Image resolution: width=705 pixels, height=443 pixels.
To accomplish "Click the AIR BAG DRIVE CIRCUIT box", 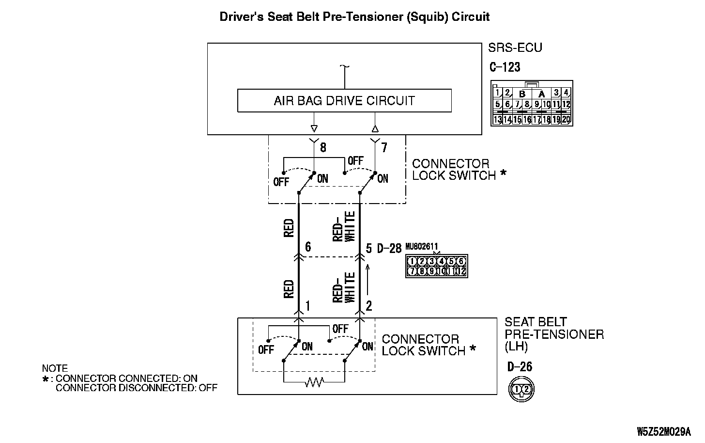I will (x=344, y=101).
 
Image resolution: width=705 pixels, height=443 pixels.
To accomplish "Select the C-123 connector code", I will (x=505, y=67).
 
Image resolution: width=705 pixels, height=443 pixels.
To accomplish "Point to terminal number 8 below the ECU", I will (x=323, y=147).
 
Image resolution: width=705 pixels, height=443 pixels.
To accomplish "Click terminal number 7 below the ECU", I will (x=384, y=147).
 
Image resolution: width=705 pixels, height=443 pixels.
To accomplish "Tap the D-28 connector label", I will (x=389, y=249).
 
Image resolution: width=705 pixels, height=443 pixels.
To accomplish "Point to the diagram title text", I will (x=354, y=17).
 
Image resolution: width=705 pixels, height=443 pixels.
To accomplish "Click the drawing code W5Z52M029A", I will (x=664, y=431).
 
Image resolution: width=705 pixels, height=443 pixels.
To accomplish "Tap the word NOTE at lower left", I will (x=55, y=368).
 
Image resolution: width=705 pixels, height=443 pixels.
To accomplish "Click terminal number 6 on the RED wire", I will (x=308, y=247).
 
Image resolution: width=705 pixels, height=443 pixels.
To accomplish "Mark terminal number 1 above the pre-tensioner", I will (x=307, y=306).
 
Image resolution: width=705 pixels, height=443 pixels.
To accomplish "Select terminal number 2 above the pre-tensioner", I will (x=369, y=306).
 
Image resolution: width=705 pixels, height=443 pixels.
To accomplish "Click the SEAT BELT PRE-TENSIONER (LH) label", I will (x=554, y=334).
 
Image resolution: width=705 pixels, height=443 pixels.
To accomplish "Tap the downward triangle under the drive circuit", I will (x=314, y=128).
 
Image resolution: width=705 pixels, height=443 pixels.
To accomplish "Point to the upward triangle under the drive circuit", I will (x=375, y=128).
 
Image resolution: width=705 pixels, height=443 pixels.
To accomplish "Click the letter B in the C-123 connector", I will (x=522, y=94).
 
